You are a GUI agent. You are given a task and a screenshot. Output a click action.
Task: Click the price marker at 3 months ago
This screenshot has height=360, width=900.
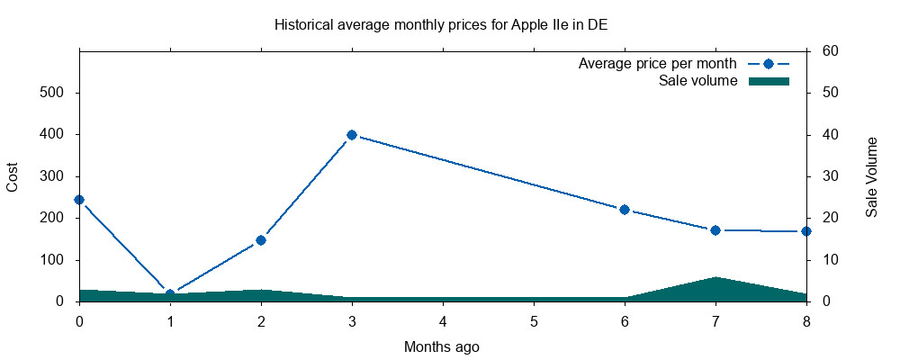tap(352, 135)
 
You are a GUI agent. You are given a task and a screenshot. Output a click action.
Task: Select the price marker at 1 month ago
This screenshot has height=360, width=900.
tap(170, 294)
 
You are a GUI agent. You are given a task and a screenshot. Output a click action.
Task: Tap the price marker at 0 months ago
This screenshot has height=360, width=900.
tap(79, 200)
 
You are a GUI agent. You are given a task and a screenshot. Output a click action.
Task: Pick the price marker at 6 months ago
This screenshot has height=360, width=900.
tap(625, 210)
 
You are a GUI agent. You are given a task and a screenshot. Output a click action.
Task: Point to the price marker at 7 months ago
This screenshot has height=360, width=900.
tap(715, 230)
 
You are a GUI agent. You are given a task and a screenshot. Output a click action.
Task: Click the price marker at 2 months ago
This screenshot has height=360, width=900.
tap(261, 240)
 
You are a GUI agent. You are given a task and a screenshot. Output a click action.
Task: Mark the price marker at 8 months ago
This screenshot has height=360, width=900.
tap(806, 231)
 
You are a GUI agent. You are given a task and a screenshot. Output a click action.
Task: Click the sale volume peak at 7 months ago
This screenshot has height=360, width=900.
tap(715, 278)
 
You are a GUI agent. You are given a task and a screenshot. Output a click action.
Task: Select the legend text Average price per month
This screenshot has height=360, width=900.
tap(658, 64)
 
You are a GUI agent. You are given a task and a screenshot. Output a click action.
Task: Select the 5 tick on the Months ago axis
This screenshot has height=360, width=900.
tap(534, 320)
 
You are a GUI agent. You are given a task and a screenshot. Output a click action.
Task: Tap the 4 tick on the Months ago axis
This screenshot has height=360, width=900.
tap(443, 320)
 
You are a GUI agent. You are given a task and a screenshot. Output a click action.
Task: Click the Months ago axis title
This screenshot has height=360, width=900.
tap(441, 346)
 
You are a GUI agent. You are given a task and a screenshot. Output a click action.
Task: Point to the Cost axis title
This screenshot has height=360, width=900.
tap(13, 176)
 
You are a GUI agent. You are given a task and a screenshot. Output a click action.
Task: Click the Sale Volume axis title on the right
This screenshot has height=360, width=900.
tap(871, 176)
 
